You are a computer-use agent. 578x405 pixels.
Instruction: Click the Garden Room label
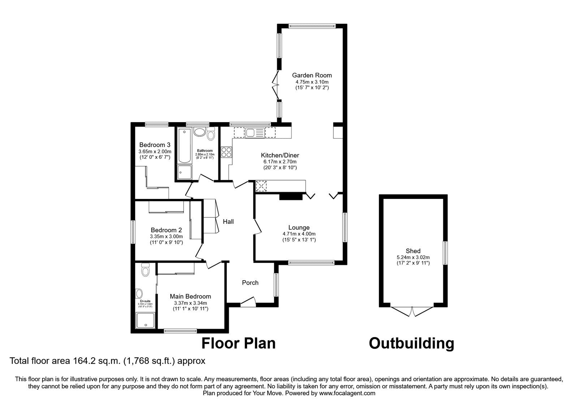click(312, 75)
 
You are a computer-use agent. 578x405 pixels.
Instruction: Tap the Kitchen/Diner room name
click(280, 155)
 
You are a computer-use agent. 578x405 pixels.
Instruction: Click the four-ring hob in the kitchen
click(226, 152)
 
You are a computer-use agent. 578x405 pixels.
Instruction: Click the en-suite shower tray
click(146, 321)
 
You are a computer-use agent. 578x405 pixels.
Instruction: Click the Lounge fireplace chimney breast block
click(290, 196)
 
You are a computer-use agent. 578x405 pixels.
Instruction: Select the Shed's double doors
click(412, 312)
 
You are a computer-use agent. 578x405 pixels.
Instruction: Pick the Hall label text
click(228, 222)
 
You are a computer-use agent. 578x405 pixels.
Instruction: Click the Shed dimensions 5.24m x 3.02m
click(413, 257)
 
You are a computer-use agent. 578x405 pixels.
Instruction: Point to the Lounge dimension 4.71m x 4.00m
click(299, 234)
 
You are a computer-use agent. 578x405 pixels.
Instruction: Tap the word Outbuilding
click(411, 343)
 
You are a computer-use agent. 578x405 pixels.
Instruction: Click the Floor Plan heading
click(238, 343)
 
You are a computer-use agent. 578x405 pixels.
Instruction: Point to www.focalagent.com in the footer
click(347, 393)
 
